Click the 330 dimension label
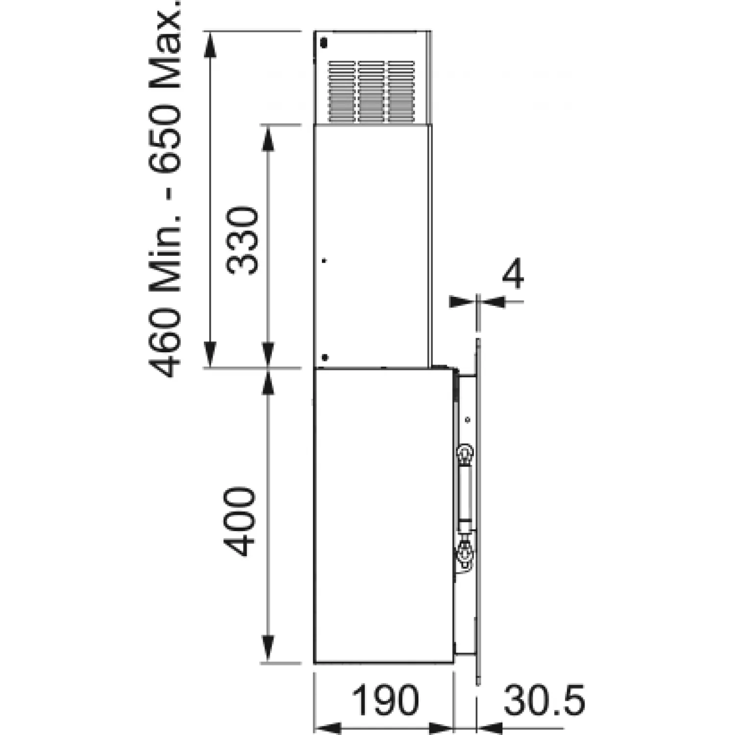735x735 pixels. pos(242,241)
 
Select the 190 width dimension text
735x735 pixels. pos(386,700)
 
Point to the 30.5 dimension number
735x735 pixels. pos(544,700)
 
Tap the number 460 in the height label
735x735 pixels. pos(166,342)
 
